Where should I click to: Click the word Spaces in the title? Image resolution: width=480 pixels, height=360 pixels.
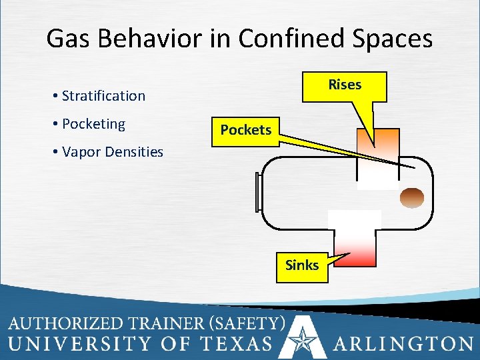pyautogui.click(x=393, y=38)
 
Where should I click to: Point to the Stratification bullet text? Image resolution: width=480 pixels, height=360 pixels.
pyautogui.click(x=103, y=95)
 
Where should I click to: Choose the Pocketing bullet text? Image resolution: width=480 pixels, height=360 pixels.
pyautogui.click(x=93, y=124)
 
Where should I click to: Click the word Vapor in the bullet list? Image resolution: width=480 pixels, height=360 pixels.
pyautogui.click(x=81, y=152)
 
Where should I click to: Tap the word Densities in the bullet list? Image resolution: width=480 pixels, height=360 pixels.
pyautogui.click(x=133, y=152)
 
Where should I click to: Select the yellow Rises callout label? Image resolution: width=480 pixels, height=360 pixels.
pyautogui.click(x=345, y=85)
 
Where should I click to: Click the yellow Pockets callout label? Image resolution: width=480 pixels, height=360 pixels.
pyautogui.click(x=246, y=130)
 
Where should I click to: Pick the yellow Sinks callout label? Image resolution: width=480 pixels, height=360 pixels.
pyautogui.click(x=302, y=265)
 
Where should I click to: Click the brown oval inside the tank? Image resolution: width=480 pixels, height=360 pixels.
pyautogui.click(x=411, y=197)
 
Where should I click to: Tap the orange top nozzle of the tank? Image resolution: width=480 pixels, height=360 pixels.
pyautogui.click(x=377, y=143)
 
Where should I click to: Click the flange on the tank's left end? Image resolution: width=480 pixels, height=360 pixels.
pyautogui.click(x=258, y=193)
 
